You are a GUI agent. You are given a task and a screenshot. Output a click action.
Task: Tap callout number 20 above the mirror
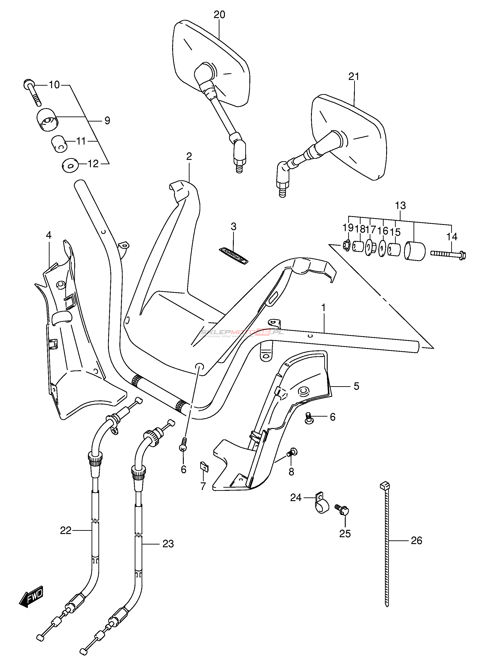219,14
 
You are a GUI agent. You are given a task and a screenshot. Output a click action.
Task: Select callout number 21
354,77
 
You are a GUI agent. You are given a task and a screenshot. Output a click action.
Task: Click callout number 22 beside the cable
66,530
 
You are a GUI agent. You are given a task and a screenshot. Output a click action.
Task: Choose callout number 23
168,544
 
